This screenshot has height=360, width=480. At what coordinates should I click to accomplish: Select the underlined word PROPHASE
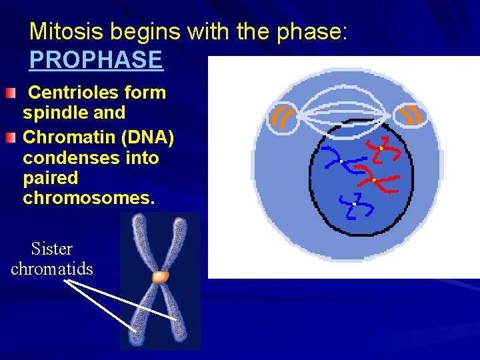[95, 60]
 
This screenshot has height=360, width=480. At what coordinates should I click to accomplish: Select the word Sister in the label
[52, 249]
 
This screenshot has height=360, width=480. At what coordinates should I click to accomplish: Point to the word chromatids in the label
[52, 269]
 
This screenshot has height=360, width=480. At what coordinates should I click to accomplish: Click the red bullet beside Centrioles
[9, 94]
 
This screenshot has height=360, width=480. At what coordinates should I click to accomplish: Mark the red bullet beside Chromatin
[9, 139]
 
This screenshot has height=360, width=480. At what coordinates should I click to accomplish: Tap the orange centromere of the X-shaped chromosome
[160, 276]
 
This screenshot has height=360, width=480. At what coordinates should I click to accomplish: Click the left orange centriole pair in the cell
[283, 117]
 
